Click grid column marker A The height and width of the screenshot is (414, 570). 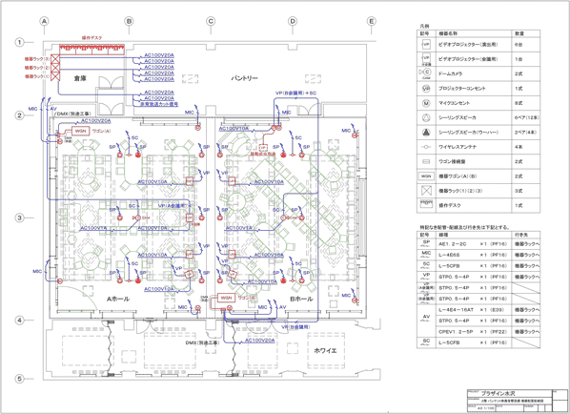(x=44, y=21)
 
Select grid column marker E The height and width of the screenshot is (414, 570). (x=372, y=21)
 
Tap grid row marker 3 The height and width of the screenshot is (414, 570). (x=19, y=217)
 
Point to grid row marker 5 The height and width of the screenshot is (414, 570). (x=19, y=379)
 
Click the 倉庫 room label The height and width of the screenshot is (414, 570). (x=79, y=78)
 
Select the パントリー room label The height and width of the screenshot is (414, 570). (x=244, y=78)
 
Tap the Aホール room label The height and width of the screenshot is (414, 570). (x=118, y=298)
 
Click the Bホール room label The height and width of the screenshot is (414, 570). (x=302, y=298)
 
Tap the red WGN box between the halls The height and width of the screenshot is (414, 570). (x=226, y=298)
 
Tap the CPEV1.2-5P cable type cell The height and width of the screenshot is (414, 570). (x=456, y=331)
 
